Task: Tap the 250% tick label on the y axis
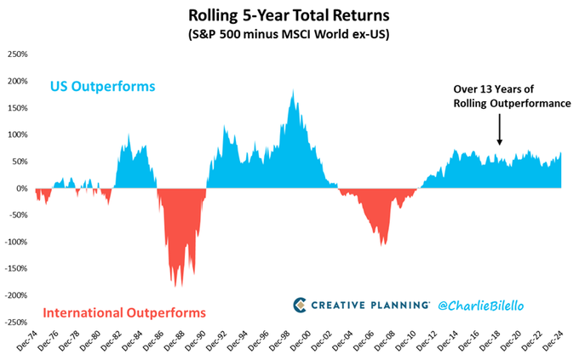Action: [x=17, y=54]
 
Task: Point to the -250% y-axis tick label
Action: [x=15, y=323]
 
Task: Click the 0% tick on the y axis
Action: [x=21, y=188]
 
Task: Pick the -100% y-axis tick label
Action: [x=15, y=242]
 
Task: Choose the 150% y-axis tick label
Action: [x=17, y=107]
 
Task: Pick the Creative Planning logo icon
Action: [x=301, y=305]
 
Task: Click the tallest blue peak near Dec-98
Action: [x=294, y=90]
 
